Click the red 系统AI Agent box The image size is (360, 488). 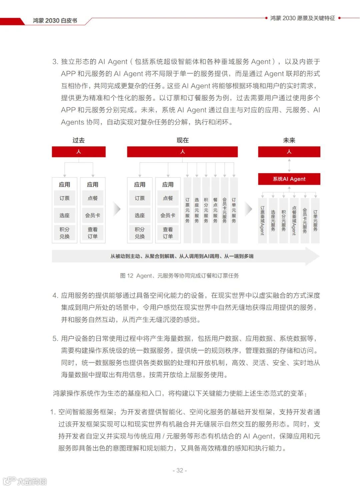point(289,179)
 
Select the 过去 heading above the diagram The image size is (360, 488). point(79,140)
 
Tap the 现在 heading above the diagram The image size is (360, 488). point(182,140)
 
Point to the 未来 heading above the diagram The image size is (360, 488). point(289,140)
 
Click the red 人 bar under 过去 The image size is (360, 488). point(79,152)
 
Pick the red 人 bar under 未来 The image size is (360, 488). point(289,152)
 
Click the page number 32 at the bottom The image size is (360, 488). point(180,470)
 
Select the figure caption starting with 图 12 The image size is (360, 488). point(179,275)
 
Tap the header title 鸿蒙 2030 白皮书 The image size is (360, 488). point(55,21)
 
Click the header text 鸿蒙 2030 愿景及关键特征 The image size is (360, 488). point(302,18)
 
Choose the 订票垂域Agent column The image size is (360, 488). point(262,221)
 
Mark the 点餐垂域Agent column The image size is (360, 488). point(294,221)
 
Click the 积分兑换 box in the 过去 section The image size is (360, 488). point(65,233)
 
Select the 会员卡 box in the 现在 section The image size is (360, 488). point(168,216)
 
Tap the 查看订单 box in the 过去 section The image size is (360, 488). point(93,233)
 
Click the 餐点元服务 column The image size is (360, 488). point(215,211)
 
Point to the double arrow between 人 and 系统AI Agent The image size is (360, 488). point(289,165)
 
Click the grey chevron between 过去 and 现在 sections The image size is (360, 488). point(117,209)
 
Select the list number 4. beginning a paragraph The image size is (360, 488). point(55,295)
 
